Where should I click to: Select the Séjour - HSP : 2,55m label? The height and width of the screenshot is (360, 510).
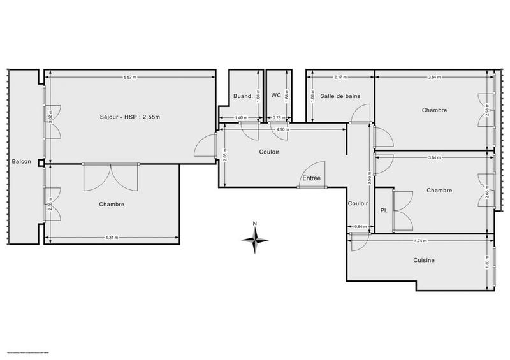pyautogui.click(x=129, y=117)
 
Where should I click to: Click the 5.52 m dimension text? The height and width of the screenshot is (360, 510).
pyautogui.click(x=130, y=77)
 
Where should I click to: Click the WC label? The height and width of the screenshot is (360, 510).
pyautogui.click(x=276, y=95)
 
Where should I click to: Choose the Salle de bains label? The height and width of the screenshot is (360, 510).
pyautogui.click(x=340, y=96)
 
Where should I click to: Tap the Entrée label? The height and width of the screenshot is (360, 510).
pyautogui.click(x=312, y=179)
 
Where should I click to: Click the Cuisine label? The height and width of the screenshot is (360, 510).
pyautogui.click(x=423, y=260)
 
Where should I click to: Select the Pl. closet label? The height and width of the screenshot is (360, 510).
pyautogui.click(x=384, y=210)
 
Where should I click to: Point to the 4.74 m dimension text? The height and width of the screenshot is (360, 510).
pyautogui.click(x=420, y=241)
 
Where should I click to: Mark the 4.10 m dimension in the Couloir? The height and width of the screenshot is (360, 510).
pyautogui.click(x=280, y=130)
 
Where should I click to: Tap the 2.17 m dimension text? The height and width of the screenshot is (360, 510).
pyautogui.click(x=340, y=77)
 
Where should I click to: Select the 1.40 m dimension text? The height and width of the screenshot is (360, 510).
pyautogui.click(x=240, y=117)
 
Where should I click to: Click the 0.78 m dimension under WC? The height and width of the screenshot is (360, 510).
pyautogui.click(x=278, y=117)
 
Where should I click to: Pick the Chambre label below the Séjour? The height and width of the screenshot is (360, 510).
pyautogui.click(x=112, y=205)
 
